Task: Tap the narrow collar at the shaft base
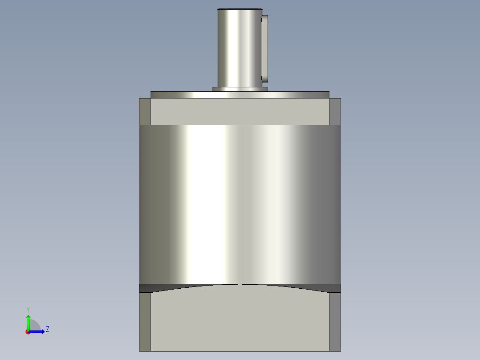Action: tap(240, 89)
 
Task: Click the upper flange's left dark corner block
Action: tap(145, 111)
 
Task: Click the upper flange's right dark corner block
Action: tap(335, 111)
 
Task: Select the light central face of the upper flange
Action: tap(240, 111)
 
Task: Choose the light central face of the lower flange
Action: tap(240, 321)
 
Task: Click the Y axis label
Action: tap(28, 309)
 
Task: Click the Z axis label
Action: tap(47, 329)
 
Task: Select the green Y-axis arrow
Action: tap(28, 322)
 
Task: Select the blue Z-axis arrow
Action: tap(38, 331)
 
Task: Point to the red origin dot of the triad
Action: tap(28, 332)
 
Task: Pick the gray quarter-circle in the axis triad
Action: tap(35, 326)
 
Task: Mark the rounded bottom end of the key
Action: tap(265, 79)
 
